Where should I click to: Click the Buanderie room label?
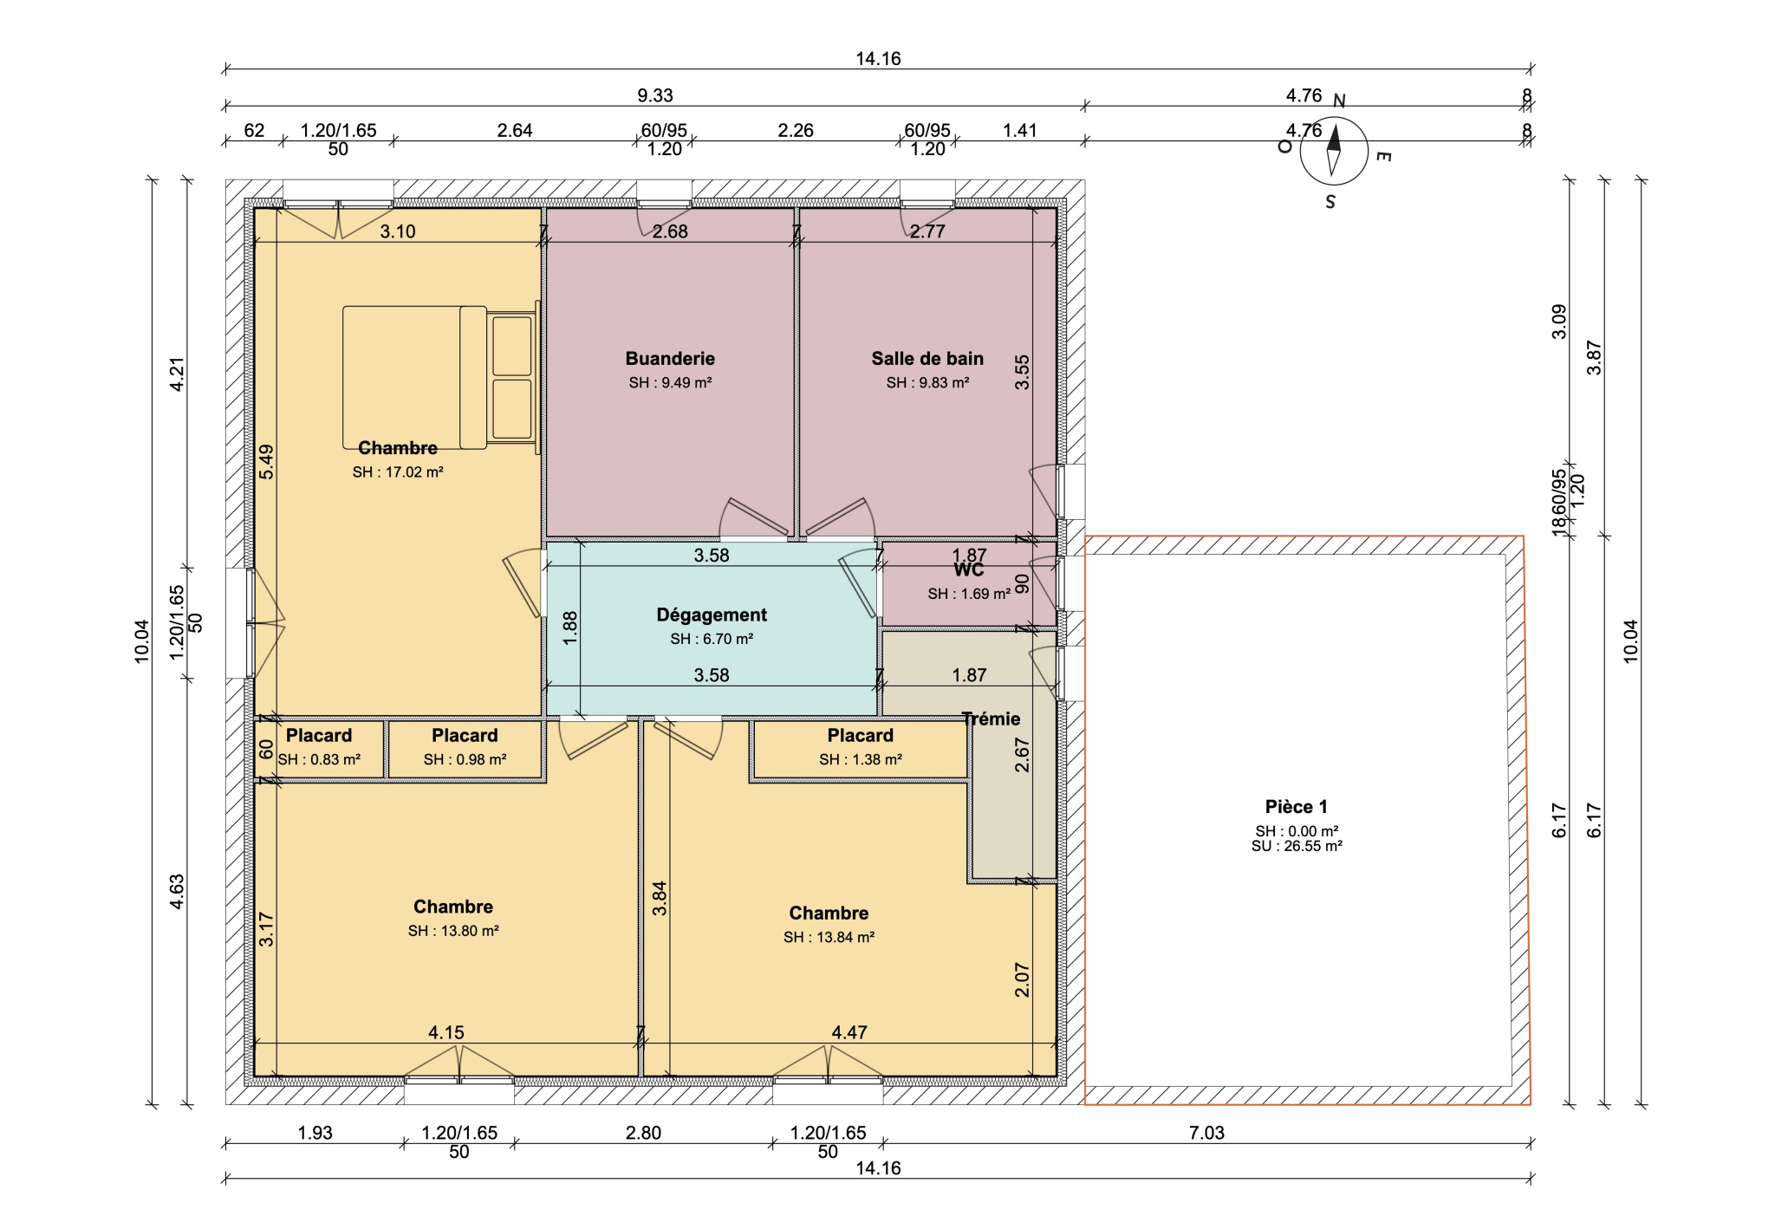click(670, 359)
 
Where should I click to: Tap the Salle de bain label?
click(927, 359)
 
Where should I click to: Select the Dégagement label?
click(712, 615)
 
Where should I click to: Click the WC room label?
click(969, 569)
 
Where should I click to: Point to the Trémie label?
click(991, 719)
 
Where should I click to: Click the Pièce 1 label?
click(1297, 807)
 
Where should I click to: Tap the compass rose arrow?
click(1334, 150)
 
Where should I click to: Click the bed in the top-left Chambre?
click(441, 377)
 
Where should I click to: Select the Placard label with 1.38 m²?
click(860, 736)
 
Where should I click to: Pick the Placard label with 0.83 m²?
click(319, 736)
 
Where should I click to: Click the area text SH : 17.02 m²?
click(398, 472)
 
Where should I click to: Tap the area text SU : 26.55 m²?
click(1297, 846)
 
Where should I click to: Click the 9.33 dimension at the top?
click(655, 95)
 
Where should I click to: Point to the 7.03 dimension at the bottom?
click(1206, 1133)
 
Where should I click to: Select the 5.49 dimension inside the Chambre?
click(266, 462)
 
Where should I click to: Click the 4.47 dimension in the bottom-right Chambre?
click(849, 1032)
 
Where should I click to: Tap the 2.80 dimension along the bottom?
click(643, 1133)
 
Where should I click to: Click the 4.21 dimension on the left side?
click(177, 374)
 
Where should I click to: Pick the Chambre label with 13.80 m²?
click(453, 907)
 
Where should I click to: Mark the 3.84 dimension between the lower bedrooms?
click(660, 899)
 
